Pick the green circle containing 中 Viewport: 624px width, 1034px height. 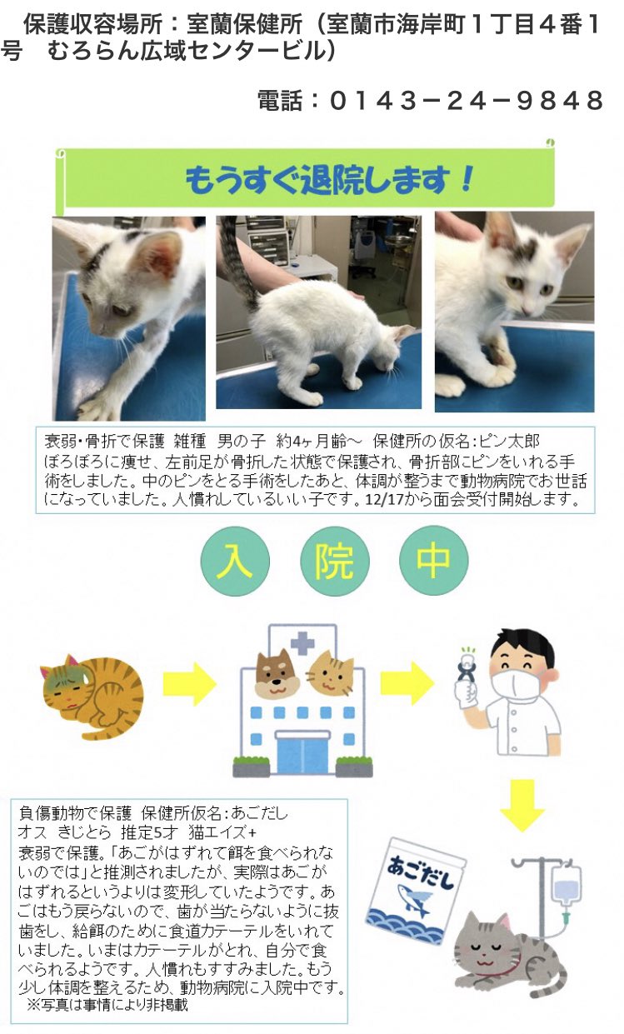pyautogui.click(x=433, y=561)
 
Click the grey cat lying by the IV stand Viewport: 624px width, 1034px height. pyautogui.click(x=504, y=950)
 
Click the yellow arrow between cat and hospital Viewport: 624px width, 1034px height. pyautogui.click(x=188, y=685)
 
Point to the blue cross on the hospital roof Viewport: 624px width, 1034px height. pyautogui.click(x=302, y=642)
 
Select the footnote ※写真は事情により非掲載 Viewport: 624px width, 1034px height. pyautogui.click(x=108, y=1005)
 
